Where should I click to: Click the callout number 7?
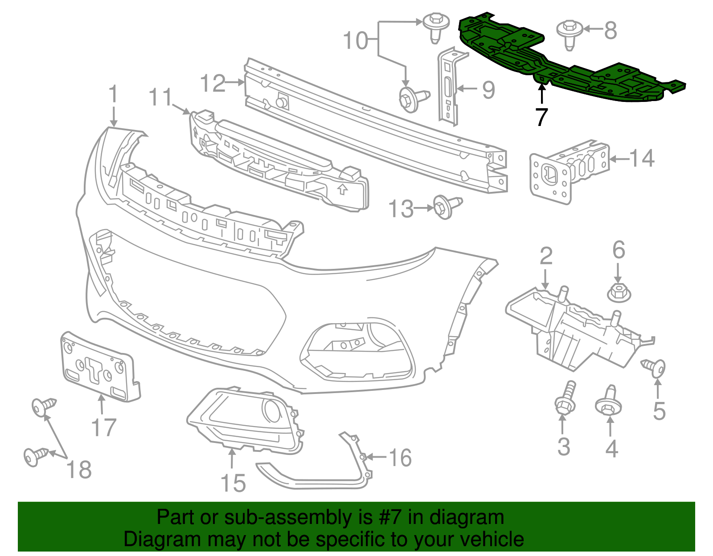(542, 117)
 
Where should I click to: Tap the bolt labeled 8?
(569, 35)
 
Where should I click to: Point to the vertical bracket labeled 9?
(449, 87)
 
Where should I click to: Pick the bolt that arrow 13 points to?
(447, 207)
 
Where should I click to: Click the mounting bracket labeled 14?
(569, 172)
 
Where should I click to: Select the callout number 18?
(79, 470)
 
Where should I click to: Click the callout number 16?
(400, 458)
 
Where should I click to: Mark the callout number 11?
(160, 97)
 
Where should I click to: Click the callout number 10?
(355, 41)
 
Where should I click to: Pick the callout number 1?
(113, 93)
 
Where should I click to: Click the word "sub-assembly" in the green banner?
(298, 518)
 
